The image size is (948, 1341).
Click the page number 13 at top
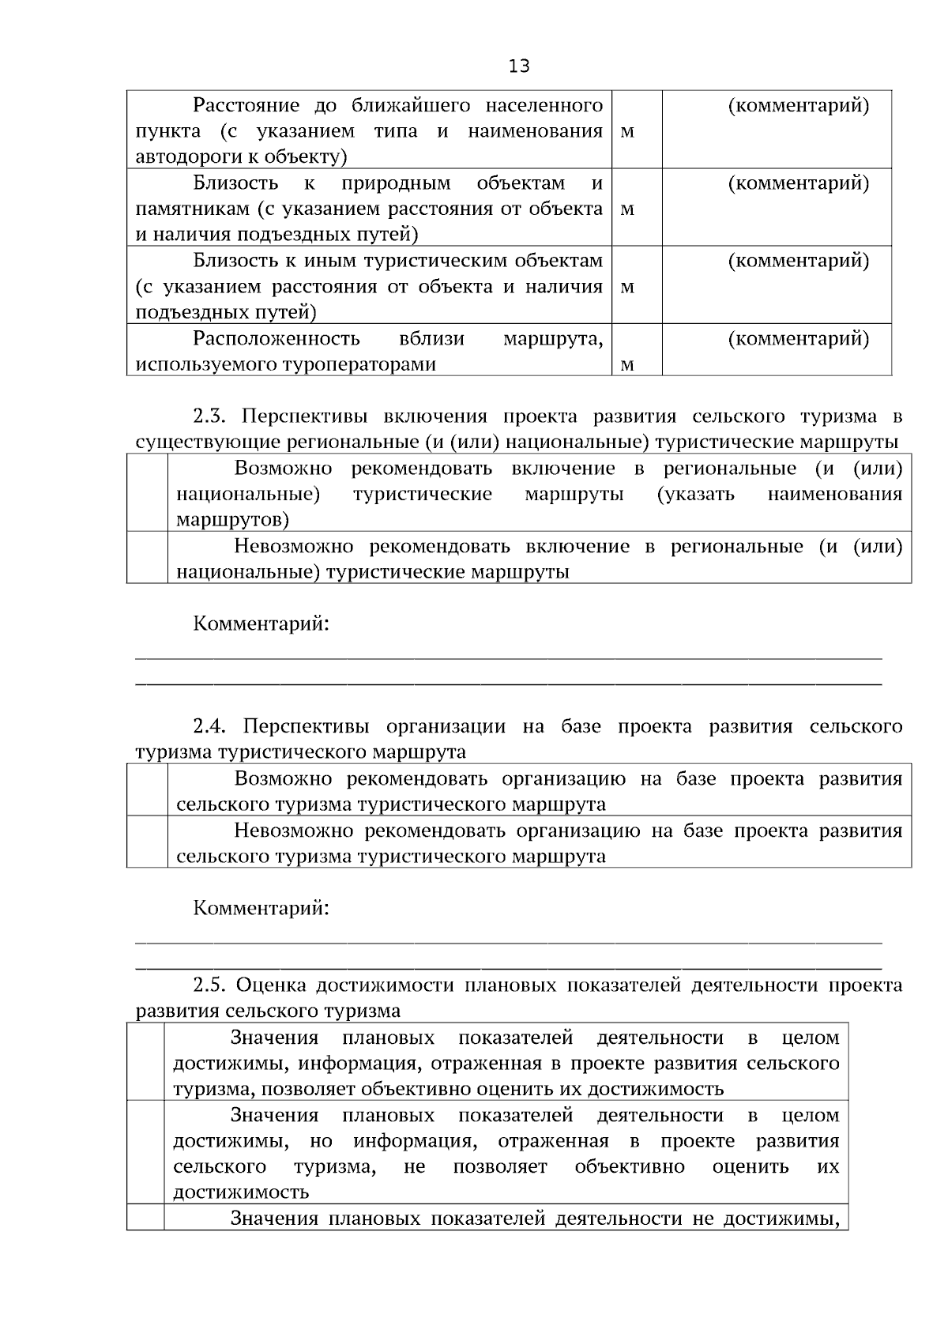(x=519, y=66)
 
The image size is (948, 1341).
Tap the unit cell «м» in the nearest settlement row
(x=627, y=132)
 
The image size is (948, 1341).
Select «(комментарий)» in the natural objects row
(x=798, y=183)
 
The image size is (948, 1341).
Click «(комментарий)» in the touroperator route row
(x=798, y=339)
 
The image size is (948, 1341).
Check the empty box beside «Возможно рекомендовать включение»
(x=147, y=493)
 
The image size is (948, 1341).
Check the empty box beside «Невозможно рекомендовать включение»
(x=147, y=558)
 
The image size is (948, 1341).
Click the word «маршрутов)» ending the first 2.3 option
(x=232, y=520)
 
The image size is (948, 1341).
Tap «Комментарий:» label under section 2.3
(x=261, y=624)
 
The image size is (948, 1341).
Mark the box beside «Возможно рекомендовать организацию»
(x=147, y=790)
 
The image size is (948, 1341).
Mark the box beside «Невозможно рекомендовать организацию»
(x=147, y=842)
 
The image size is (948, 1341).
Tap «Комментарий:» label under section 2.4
(x=261, y=908)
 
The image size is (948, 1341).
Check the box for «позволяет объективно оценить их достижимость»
(x=145, y=1063)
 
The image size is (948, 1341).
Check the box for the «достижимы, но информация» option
(x=145, y=1153)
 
